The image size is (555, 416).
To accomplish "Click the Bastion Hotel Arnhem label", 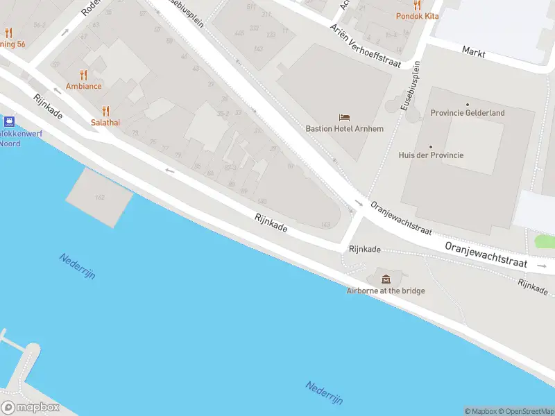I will coord(344,128).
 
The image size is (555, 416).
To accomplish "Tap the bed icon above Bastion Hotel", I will coord(344,117).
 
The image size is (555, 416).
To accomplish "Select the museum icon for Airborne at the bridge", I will coord(386,279).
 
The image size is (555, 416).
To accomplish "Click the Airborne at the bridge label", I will coord(386,291).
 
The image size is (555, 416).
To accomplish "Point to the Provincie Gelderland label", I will coord(467,113).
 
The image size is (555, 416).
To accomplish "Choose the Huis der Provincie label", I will coord(431,155).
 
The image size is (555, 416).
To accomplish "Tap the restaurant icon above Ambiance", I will coord(84,75).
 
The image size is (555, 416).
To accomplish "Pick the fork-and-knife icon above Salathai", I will coord(106,110).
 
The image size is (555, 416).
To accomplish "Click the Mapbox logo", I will coord(30,408).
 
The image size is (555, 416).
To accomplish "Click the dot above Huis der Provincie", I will coord(431,146).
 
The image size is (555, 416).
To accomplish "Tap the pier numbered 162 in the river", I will coord(100,198).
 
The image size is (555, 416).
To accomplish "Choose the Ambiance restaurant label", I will coord(84,86).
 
